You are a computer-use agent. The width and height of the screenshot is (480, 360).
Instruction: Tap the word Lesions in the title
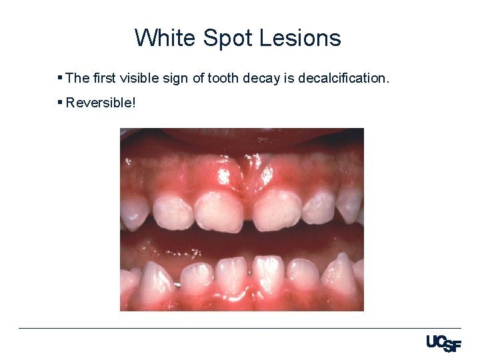pos(300,38)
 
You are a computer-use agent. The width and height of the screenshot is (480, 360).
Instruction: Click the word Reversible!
pos(100,103)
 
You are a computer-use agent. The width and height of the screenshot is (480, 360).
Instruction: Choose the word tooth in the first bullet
pos(225,78)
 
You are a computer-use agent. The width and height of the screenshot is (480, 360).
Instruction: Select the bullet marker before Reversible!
pos(60,103)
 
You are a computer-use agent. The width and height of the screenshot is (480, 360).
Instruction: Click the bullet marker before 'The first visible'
pos(60,78)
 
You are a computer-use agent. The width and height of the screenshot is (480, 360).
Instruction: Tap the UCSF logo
pos(443,344)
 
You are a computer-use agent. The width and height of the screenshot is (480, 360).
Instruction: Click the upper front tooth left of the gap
pos(219,211)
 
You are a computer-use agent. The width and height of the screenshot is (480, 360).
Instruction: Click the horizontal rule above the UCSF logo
pos(240,328)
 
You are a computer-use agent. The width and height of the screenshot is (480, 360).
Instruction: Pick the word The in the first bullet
pos(78,78)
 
